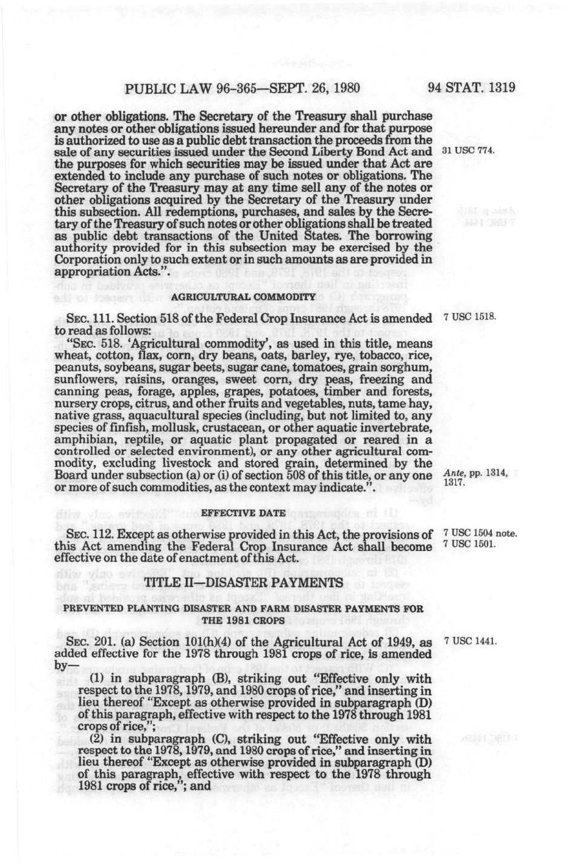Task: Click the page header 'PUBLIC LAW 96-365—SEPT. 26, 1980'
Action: coord(242,88)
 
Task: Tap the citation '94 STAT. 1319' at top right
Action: coord(471,87)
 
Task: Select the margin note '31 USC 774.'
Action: coord(468,150)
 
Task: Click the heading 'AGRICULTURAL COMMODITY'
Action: coord(243,297)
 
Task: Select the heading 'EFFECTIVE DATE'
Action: coord(243,513)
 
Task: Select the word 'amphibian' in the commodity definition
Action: coord(83,440)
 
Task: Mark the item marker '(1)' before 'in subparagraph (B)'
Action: coord(99,678)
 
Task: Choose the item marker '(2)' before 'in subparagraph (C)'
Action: coord(99,739)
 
